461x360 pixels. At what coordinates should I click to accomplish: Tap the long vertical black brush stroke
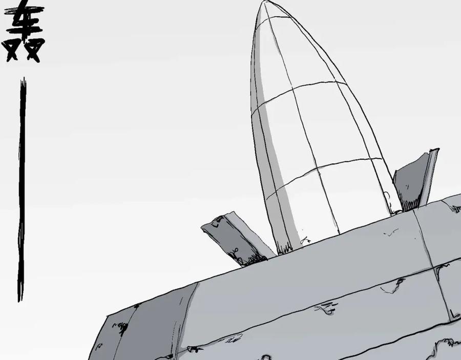22,189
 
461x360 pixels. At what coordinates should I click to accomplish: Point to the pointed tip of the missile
265,1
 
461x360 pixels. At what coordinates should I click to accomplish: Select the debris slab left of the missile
237,238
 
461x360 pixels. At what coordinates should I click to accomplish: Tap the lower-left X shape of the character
12,51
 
